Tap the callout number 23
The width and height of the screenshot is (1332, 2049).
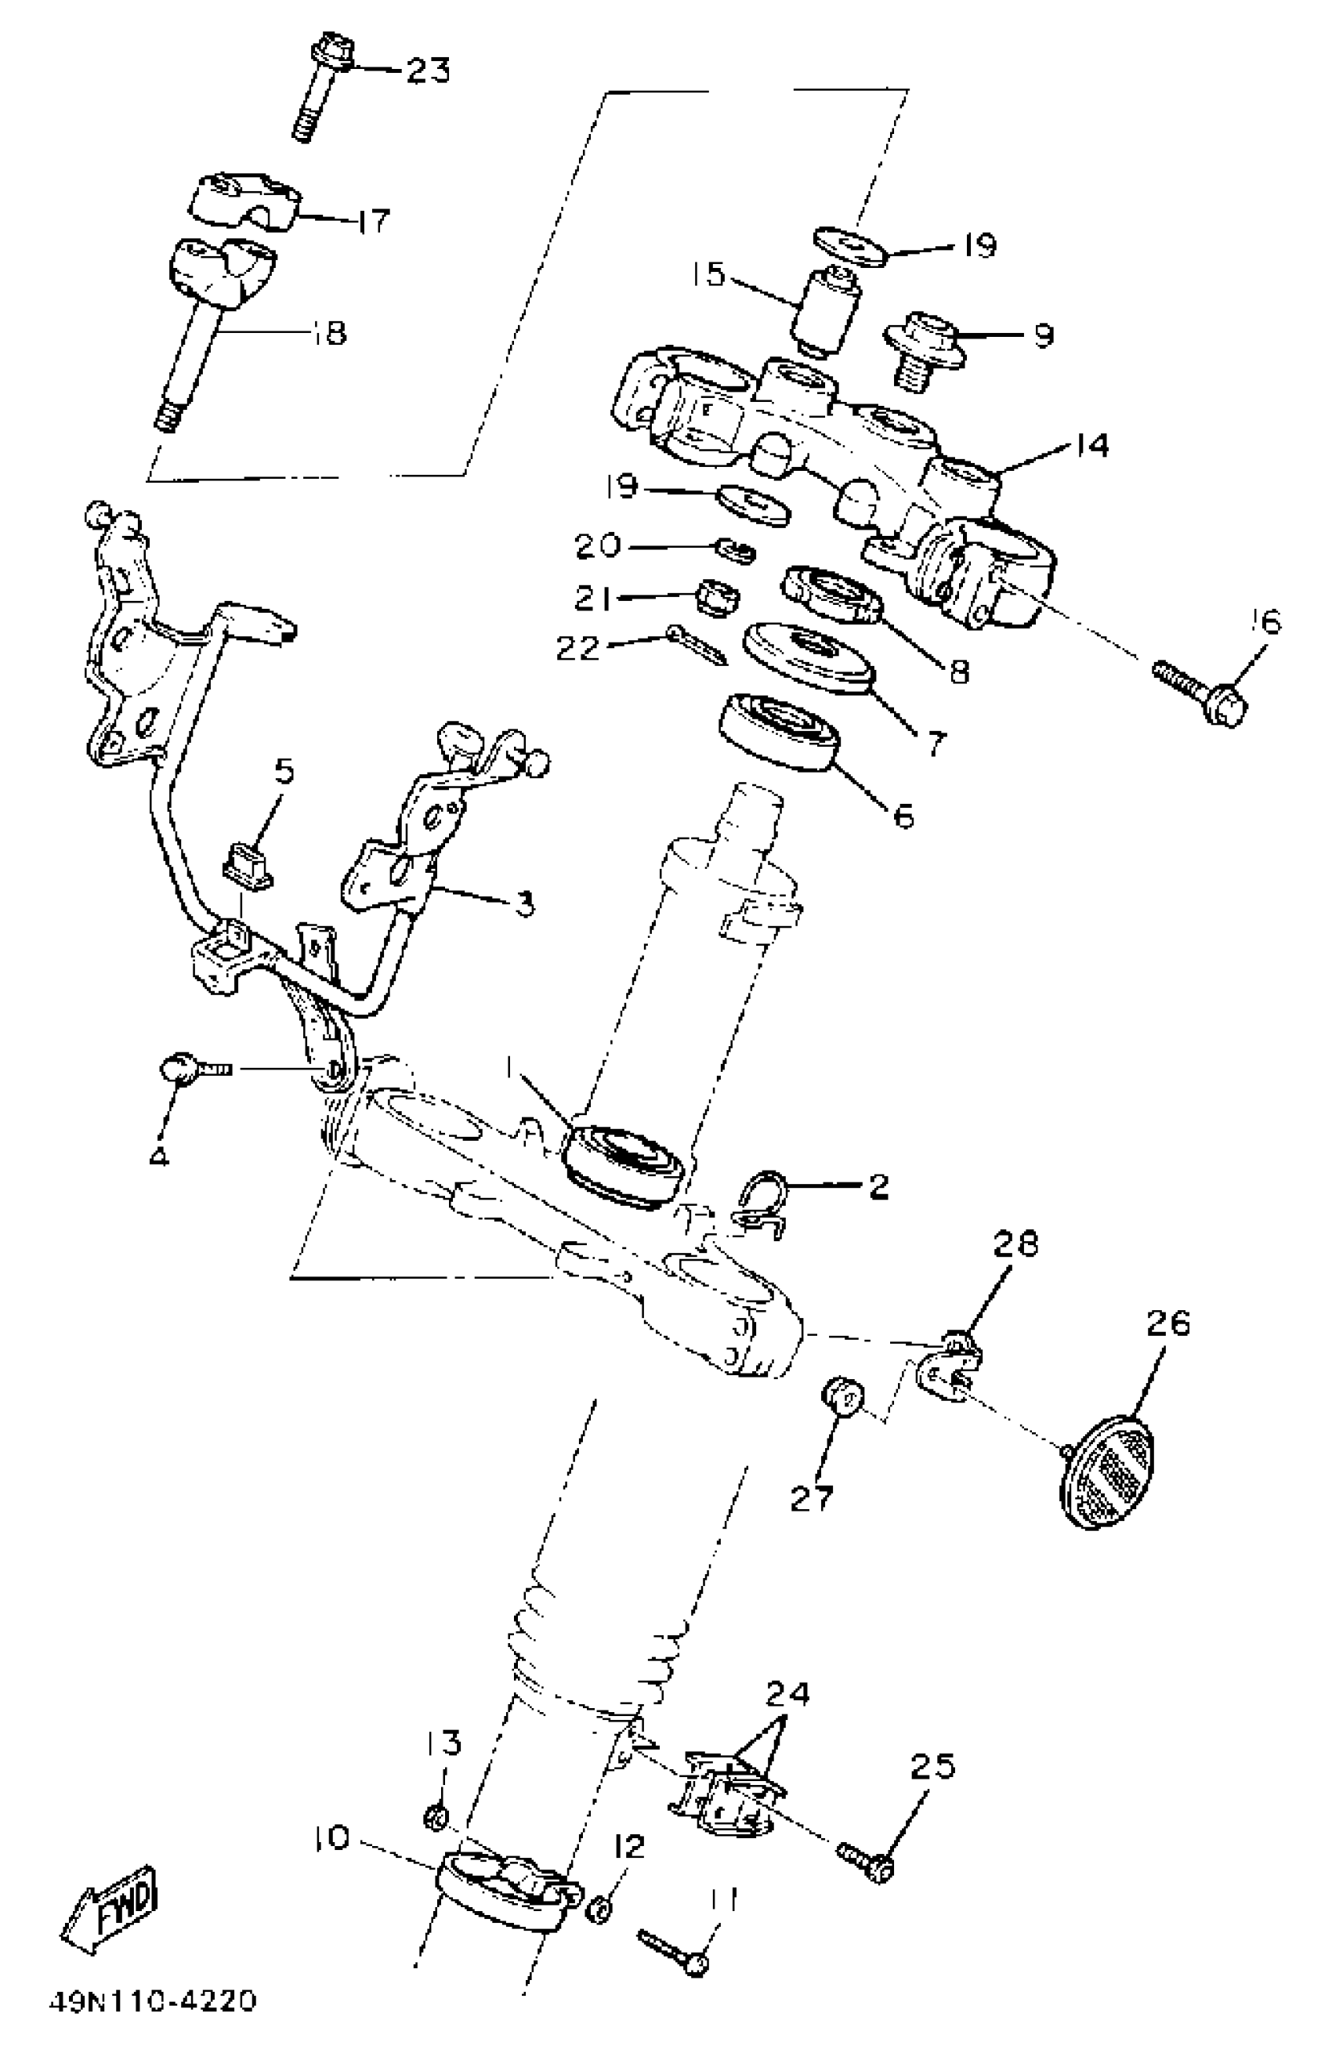[x=428, y=71]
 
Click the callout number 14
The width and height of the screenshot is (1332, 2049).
[x=1091, y=446]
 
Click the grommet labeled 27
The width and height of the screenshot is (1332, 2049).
[x=842, y=1396]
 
